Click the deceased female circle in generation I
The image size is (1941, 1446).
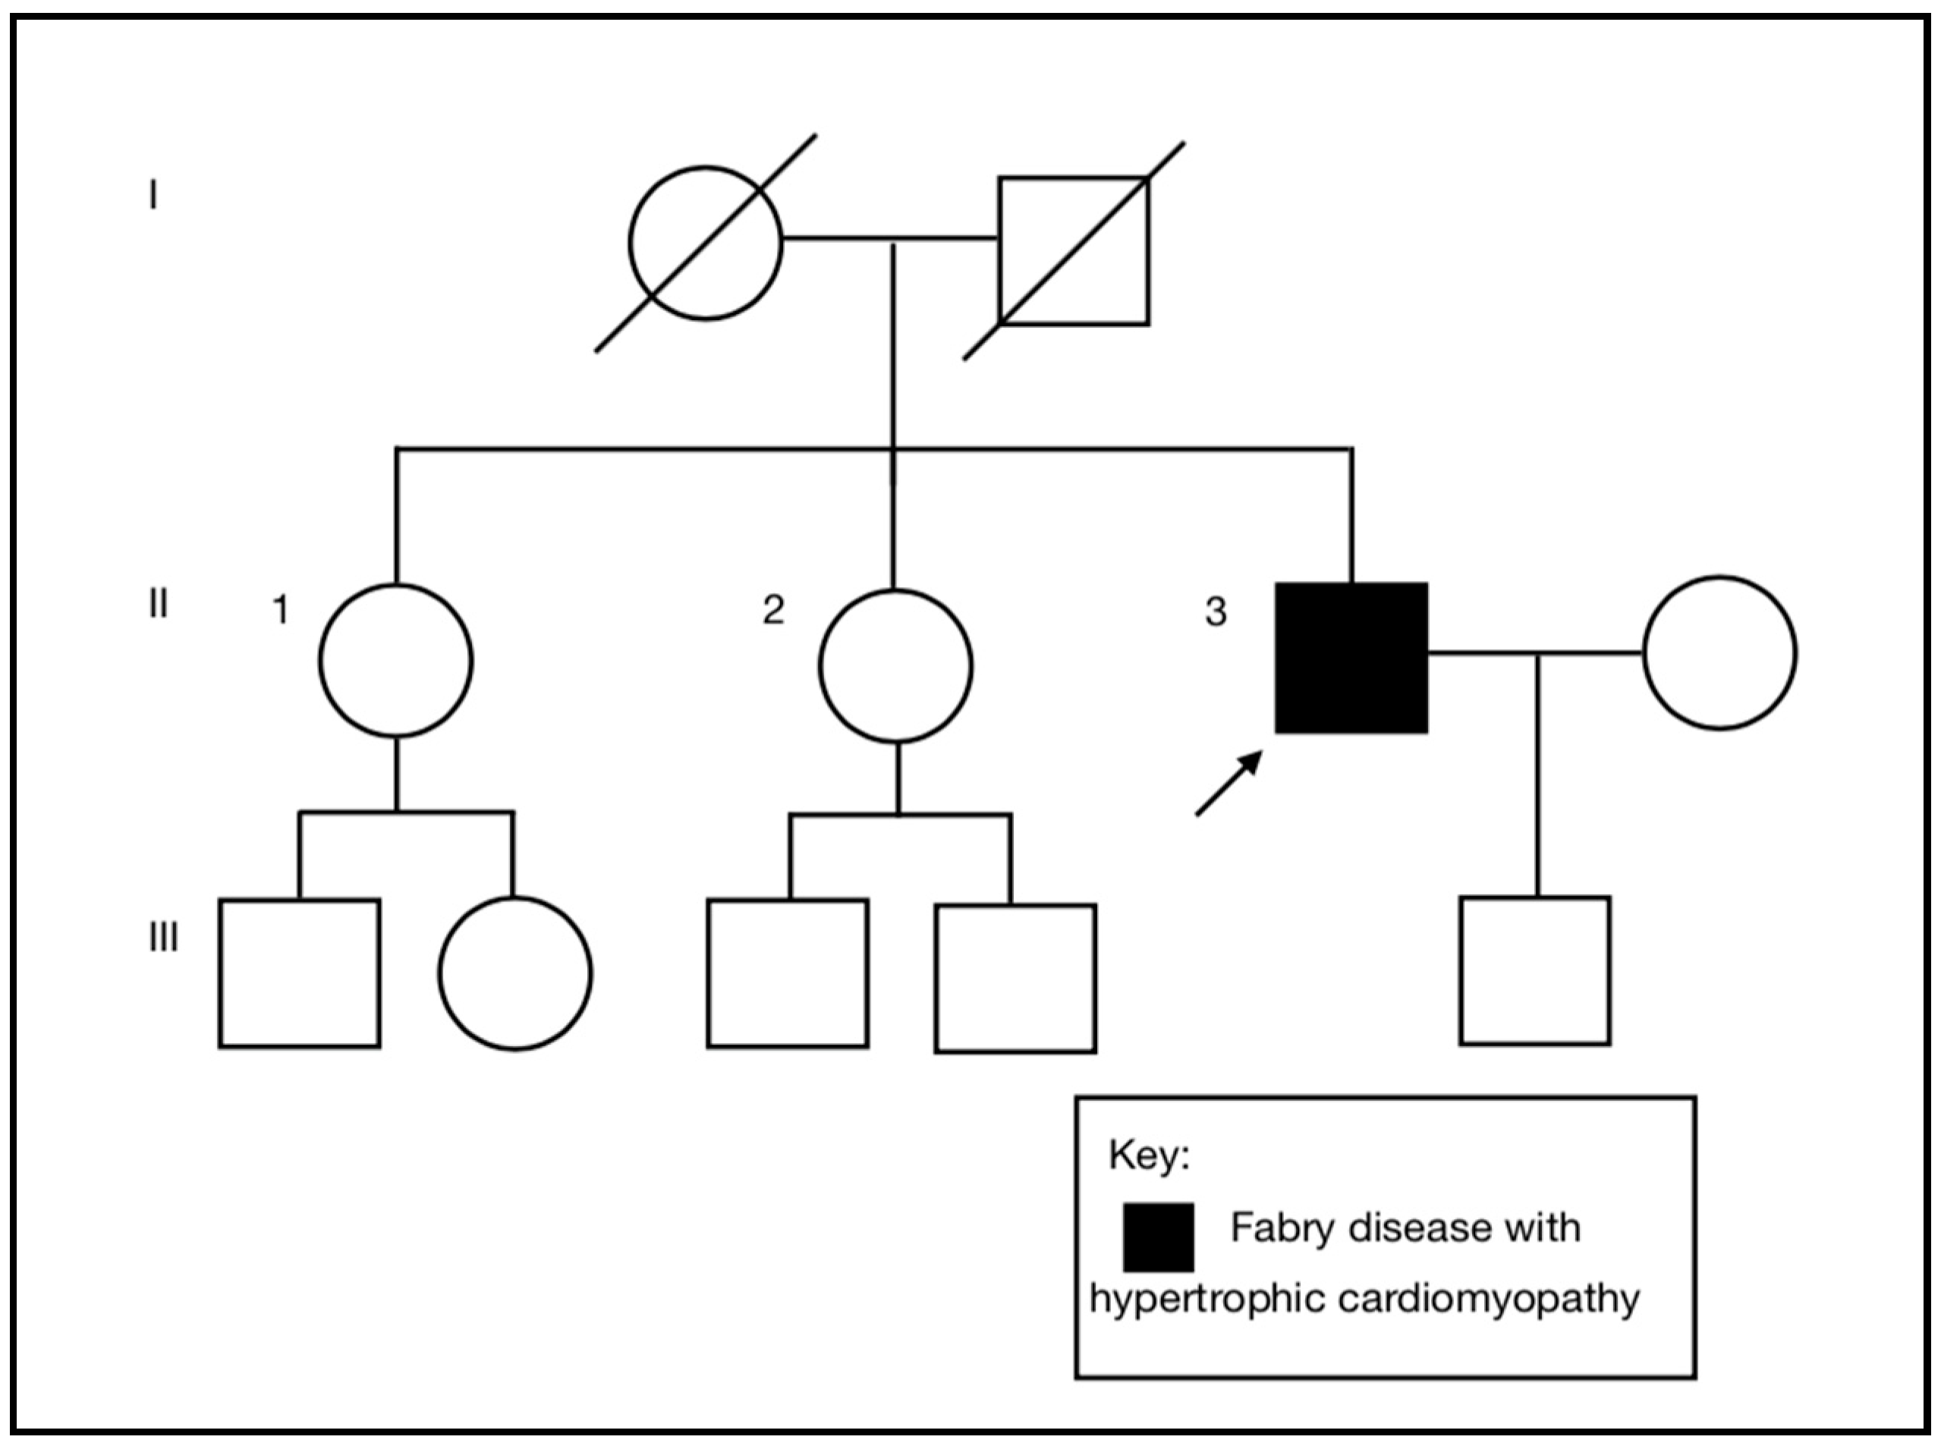click(705, 244)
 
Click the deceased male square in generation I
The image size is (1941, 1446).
click(1074, 251)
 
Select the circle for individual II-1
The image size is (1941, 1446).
click(396, 660)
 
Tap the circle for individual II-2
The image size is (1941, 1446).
click(895, 666)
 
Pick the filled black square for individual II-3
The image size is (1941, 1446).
click(1351, 657)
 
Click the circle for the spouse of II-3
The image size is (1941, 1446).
click(1719, 652)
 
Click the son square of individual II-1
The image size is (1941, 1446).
click(300, 973)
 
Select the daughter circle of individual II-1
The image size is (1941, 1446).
click(514, 973)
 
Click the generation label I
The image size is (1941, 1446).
click(153, 195)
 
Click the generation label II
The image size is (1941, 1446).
click(158, 604)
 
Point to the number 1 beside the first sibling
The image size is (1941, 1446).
click(280, 610)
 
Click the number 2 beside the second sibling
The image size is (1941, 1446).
click(772, 609)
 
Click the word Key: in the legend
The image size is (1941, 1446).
click(1149, 1155)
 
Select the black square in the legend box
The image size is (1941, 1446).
click(1157, 1237)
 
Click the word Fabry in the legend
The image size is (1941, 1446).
click(1283, 1228)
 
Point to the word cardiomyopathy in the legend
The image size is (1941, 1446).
click(1488, 1298)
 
